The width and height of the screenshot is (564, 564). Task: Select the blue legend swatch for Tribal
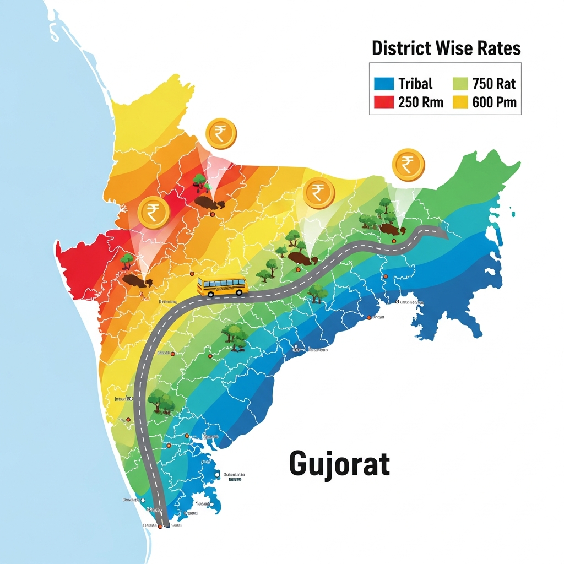pyautogui.click(x=384, y=84)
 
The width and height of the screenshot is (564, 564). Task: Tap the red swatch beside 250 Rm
pyautogui.click(x=384, y=102)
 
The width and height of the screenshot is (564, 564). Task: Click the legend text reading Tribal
pyautogui.click(x=415, y=84)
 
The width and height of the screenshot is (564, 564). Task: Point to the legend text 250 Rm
pyautogui.click(x=420, y=102)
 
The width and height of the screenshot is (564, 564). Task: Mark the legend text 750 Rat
pyautogui.click(x=493, y=84)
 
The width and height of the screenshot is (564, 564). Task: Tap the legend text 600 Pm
pyautogui.click(x=494, y=102)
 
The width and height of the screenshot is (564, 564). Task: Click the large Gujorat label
pyautogui.click(x=339, y=464)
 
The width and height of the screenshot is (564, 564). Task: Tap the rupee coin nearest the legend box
pyautogui.click(x=408, y=164)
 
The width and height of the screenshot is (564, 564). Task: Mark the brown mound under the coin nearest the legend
pyautogui.click(x=391, y=228)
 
